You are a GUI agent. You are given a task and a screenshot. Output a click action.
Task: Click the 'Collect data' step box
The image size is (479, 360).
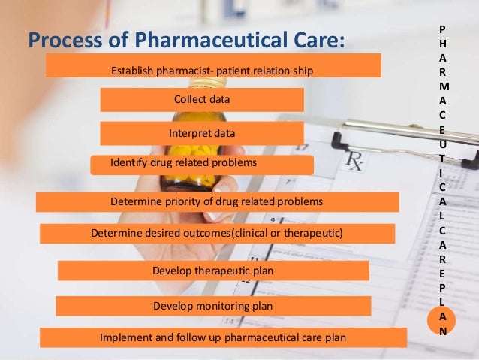point(201,99)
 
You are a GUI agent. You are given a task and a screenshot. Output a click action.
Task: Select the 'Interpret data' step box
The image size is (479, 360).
point(201,133)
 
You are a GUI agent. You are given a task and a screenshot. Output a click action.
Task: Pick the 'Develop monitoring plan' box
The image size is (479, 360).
point(213,306)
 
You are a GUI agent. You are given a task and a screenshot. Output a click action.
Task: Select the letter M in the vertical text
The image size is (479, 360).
point(442,86)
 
